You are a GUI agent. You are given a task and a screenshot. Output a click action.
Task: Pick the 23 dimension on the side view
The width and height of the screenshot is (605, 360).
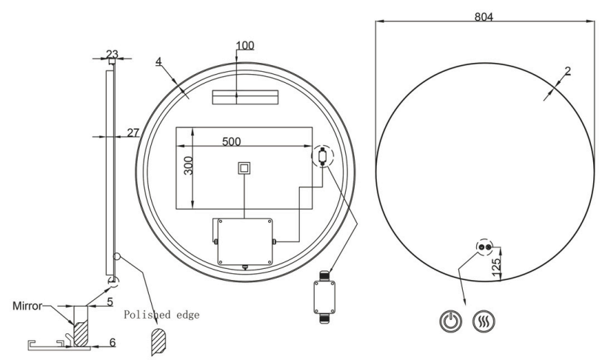pos(112,53)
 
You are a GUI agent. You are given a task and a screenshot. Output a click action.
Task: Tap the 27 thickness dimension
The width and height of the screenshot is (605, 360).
pos(133,133)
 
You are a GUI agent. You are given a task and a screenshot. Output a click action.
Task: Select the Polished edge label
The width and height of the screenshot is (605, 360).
pos(161,314)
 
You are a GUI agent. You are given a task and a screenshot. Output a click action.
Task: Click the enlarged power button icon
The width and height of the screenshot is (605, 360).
pos(451,321)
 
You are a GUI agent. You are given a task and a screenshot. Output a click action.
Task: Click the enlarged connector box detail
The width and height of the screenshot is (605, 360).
pos(324,299)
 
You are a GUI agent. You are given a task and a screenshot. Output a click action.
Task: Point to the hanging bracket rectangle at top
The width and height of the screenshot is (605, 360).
pos(244,97)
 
